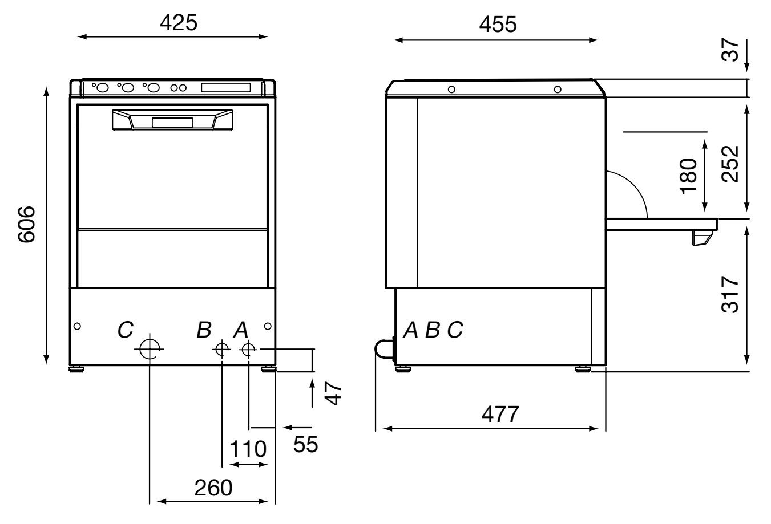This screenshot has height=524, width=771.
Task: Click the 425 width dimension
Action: coord(179,23)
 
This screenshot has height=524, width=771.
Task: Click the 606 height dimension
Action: coord(26,225)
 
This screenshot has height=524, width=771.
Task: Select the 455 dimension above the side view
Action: coord(498,25)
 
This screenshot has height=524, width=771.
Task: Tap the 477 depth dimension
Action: coord(500,414)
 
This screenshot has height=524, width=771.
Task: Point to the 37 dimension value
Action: coord(730,50)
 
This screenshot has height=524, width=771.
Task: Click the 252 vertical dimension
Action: coord(730,164)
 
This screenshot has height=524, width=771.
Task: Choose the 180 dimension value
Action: coord(688,176)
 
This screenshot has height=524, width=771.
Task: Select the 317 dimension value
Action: coord(730,294)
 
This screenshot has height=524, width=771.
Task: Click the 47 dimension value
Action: coord(333,393)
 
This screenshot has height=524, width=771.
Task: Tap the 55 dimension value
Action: coord(306,444)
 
